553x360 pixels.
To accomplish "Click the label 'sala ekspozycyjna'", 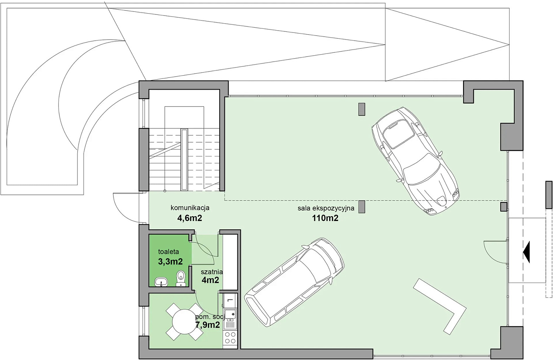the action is [x=326, y=208].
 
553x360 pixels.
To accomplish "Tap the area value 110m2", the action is [x=325, y=218].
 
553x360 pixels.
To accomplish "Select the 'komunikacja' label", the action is [x=190, y=208].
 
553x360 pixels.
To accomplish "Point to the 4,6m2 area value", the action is [x=189, y=218].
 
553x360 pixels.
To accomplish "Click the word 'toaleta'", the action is [x=168, y=252].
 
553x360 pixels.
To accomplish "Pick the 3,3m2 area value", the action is [x=170, y=262].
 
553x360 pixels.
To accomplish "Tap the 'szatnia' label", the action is [x=212, y=272].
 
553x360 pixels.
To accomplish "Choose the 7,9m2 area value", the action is [x=207, y=325].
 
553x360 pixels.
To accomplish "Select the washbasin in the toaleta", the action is [x=161, y=282].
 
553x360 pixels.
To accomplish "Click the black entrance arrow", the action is [x=526, y=252].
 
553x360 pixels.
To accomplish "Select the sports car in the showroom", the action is [x=415, y=161].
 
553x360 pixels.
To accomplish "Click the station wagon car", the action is [x=294, y=283].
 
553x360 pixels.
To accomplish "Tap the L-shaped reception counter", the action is [x=440, y=307].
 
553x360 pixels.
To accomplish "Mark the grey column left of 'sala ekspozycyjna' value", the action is [x=362, y=207].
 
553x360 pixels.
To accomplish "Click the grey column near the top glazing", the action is [x=362, y=109].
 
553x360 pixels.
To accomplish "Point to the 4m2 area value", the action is [x=211, y=280].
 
